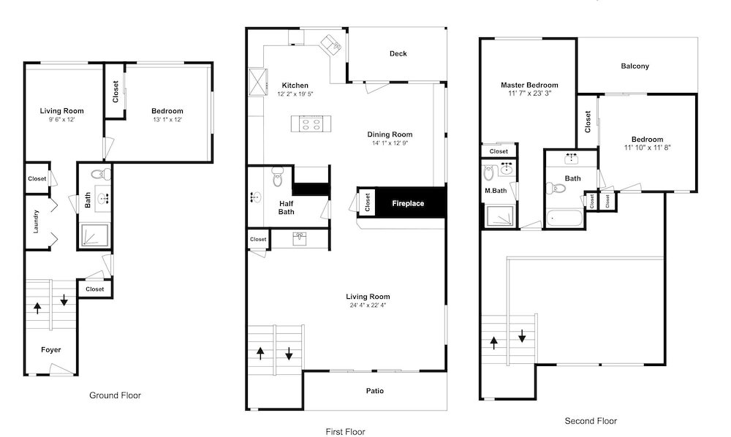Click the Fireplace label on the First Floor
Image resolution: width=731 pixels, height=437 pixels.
click(x=408, y=204)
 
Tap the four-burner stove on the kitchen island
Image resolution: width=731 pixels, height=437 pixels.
click(x=311, y=124)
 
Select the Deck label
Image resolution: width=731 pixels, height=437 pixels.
click(x=398, y=53)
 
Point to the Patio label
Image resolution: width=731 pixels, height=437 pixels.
click(x=375, y=391)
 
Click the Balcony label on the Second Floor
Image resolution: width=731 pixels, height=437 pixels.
click(x=635, y=66)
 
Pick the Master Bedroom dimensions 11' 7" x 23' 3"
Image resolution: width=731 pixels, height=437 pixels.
click(x=529, y=94)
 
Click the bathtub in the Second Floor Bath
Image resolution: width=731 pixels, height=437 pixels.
click(x=564, y=218)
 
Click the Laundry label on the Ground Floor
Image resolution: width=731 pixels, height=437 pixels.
click(x=36, y=221)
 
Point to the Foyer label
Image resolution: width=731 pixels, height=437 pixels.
click(x=51, y=350)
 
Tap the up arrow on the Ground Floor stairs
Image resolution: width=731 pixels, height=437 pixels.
click(x=37, y=308)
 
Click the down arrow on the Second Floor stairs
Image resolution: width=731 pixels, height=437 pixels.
click(x=522, y=335)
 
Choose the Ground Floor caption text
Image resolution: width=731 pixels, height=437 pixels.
click(x=115, y=395)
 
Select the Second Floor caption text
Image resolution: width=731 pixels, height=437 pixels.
click(x=591, y=421)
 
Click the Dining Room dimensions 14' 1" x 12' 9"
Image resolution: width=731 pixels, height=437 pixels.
click(x=390, y=143)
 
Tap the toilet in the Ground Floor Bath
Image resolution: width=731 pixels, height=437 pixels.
click(x=101, y=175)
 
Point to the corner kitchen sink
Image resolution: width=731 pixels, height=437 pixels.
click(x=330, y=43)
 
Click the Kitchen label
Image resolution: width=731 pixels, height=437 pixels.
click(x=295, y=85)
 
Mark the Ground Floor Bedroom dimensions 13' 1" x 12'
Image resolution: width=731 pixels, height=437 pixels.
click(x=167, y=119)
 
